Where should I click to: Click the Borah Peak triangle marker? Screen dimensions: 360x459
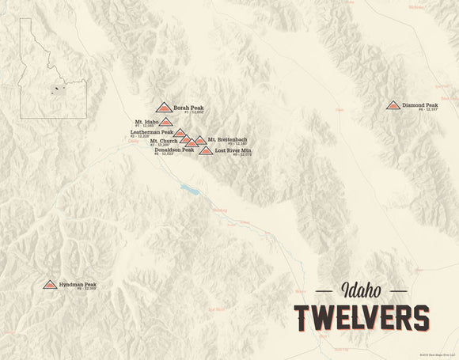(x=164, y=107)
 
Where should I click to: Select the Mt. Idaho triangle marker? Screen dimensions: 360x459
(x=165, y=122)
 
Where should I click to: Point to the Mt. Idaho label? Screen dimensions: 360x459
(x=146, y=122)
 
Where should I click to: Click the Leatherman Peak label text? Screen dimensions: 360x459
(x=151, y=132)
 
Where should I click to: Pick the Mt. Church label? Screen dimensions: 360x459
(x=163, y=141)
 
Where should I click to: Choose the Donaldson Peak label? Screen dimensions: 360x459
(x=174, y=150)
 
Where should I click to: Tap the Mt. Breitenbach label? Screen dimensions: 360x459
(x=227, y=140)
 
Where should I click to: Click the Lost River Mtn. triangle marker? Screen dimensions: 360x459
(x=206, y=150)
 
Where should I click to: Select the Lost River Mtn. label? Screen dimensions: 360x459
(x=233, y=150)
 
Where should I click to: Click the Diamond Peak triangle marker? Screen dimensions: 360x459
(x=393, y=104)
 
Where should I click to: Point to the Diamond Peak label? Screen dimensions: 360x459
(x=419, y=104)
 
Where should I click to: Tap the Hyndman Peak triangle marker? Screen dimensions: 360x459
(x=50, y=284)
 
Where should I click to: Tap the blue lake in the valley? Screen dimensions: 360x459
(x=189, y=190)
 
